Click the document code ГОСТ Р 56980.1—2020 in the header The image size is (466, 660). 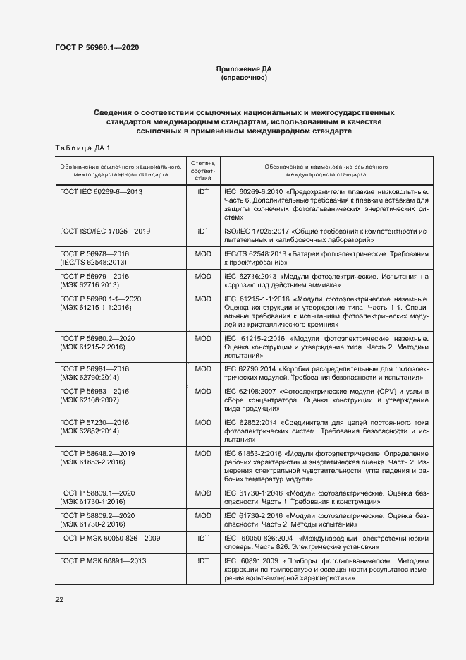pos(97,47)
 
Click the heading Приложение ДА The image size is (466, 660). pos(243,69)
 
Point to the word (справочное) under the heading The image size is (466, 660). pos(243,78)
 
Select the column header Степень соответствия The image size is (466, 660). pos(203,170)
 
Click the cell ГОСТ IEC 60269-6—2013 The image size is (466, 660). pos(102,191)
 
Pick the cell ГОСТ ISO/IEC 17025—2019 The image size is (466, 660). pos(105,232)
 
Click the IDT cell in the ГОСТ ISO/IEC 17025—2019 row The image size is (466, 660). pos(203,232)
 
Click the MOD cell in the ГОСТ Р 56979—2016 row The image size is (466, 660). pos(203,276)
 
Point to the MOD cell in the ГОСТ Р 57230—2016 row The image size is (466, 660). pos(203,423)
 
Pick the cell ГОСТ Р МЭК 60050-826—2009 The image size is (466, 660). pos(111,538)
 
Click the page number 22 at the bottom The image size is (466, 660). pos(59,600)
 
